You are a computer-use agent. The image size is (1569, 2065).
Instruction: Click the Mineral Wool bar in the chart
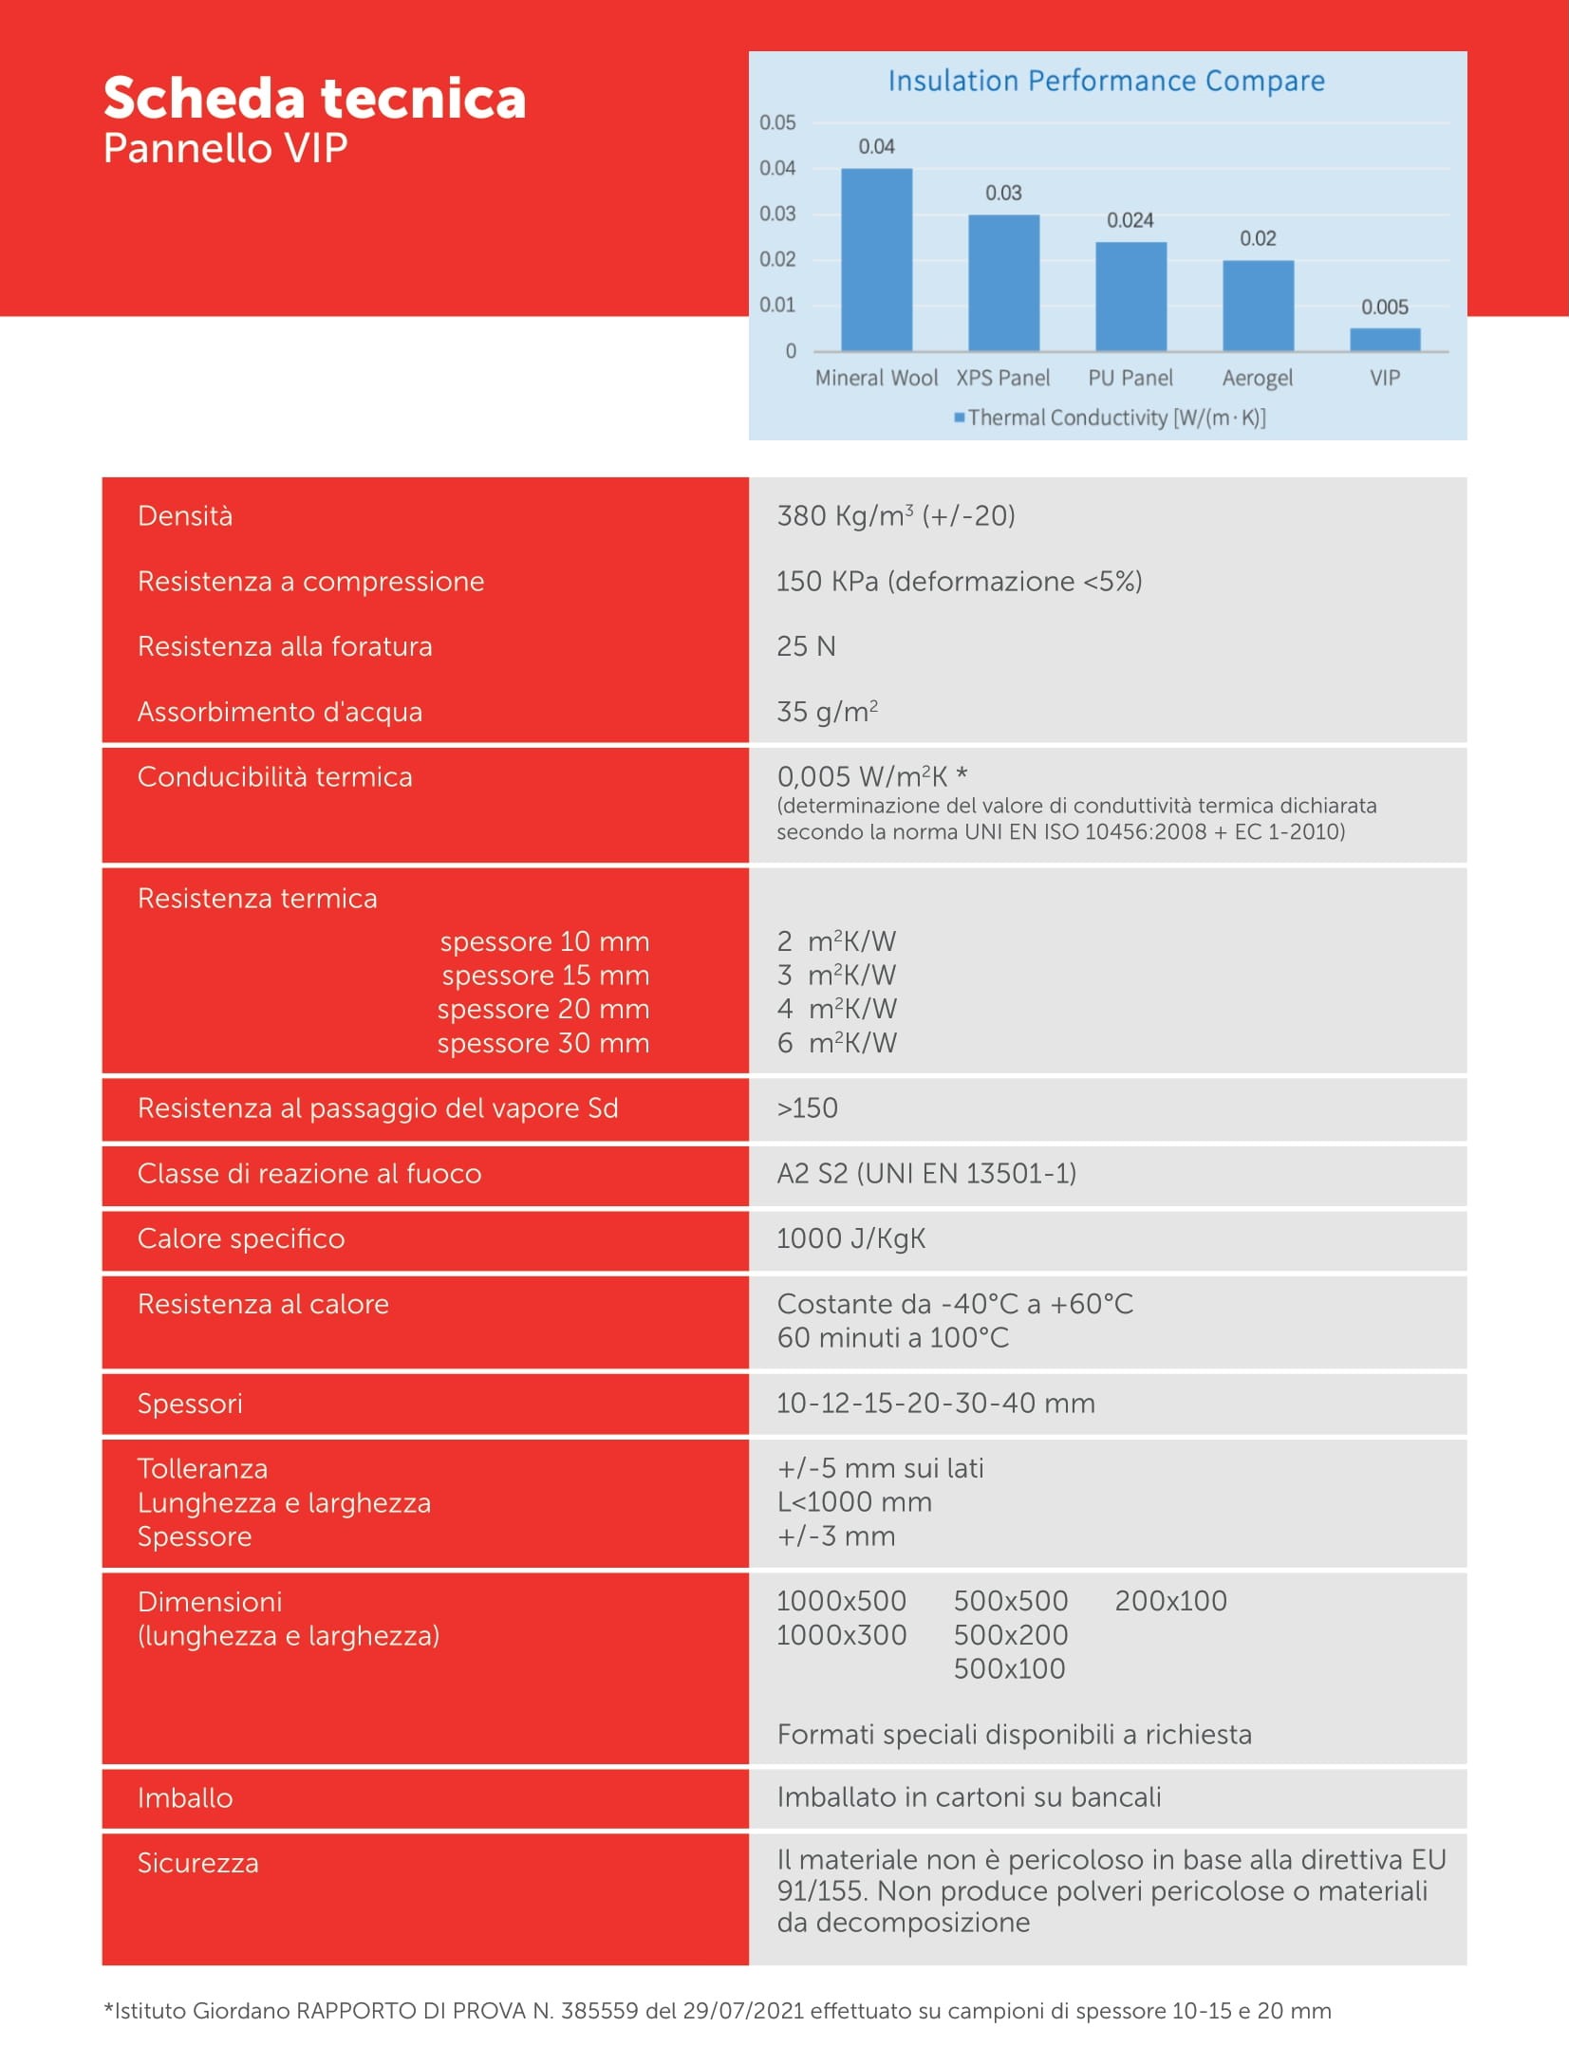(876, 259)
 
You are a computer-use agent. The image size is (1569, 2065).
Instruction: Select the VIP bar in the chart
(1385, 340)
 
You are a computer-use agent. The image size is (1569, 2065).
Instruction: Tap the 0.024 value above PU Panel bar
(1130, 220)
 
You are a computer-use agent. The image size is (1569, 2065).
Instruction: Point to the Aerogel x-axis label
(1257, 378)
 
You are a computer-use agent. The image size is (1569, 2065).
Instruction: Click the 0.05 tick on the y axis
(777, 122)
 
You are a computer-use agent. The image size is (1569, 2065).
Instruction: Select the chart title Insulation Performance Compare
(1106, 82)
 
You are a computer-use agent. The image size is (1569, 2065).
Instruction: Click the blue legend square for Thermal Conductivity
(960, 418)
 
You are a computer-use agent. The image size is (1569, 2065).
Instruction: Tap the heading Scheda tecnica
(314, 99)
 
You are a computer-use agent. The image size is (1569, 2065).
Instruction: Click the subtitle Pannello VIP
(225, 149)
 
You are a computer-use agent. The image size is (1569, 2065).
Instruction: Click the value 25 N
(806, 647)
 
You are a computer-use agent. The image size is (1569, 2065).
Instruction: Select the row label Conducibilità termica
(274, 777)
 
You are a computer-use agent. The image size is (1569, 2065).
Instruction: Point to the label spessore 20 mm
(543, 1009)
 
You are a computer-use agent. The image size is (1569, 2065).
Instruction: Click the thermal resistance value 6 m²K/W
(836, 1043)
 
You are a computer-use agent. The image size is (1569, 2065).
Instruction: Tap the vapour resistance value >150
(807, 1108)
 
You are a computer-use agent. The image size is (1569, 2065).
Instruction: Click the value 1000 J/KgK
(850, 1239)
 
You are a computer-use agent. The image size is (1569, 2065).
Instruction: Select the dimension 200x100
(1170, 1601)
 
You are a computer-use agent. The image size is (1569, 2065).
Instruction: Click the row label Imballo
(185, 1798)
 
